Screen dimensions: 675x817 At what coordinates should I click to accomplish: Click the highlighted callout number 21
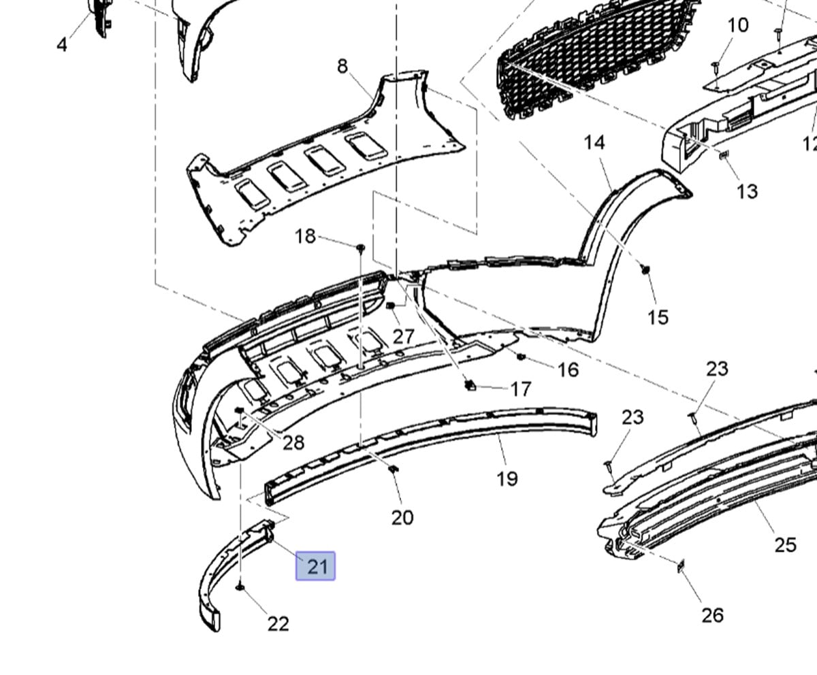(316, 566)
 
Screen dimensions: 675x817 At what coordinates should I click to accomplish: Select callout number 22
(278, 623)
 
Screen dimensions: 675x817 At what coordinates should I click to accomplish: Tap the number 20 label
(402, 518)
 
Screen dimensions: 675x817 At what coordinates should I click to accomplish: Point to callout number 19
(507, 479)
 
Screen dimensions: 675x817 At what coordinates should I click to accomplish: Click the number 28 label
(293, 443)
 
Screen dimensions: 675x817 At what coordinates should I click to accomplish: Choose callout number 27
(403, 336)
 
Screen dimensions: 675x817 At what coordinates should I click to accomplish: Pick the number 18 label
(305, 236)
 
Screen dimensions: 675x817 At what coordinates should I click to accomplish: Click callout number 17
(521, 389)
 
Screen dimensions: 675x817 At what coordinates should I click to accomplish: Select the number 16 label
(568, 369)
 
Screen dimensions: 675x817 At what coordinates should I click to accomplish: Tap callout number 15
(658, 317)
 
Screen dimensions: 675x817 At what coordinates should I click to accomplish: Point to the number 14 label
(594, 142)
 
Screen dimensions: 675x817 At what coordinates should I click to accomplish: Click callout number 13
(747, 191)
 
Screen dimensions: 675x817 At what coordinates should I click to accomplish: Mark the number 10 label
(738, 26)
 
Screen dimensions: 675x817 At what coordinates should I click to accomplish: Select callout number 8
(342, 66)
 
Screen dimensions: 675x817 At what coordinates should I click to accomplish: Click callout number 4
(62, 45)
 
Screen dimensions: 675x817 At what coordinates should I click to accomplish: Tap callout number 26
(712, 615)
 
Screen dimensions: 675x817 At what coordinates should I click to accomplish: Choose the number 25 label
(785, 545)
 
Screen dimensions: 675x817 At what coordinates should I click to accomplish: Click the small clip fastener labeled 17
(469, 385)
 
